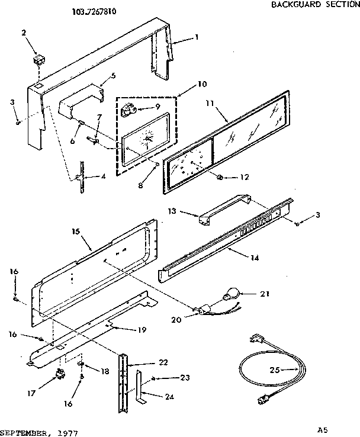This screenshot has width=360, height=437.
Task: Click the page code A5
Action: [322, 430]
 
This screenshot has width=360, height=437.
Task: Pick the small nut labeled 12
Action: [221, 177]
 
